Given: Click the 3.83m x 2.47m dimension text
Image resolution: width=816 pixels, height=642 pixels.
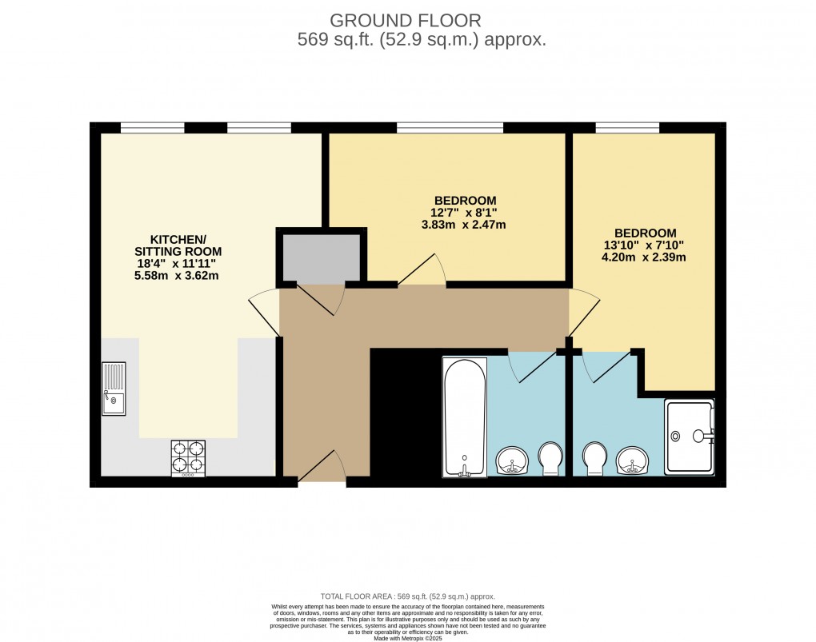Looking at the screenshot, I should point(465,225).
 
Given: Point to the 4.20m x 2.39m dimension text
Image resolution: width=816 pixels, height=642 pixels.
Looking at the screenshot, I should point(646,257).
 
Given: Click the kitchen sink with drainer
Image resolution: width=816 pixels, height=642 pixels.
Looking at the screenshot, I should point(114,389).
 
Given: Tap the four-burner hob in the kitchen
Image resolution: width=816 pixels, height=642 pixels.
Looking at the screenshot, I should point(188,458).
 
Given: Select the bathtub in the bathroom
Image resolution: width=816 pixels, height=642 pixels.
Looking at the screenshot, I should point(465,417).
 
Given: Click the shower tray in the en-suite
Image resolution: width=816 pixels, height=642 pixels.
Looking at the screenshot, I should point(690,436).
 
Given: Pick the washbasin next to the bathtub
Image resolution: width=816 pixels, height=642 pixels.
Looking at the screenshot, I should point(512,461).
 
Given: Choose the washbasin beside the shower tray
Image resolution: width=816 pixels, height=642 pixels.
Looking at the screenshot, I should point(632,461).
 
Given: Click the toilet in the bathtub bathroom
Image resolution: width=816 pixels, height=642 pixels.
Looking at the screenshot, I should point(550,458).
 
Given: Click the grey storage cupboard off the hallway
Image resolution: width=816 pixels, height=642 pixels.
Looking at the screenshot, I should point(321,257).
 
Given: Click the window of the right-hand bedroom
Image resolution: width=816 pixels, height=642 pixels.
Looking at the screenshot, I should point(626,127).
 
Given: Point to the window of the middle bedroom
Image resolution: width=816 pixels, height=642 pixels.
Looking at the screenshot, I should point(450,127).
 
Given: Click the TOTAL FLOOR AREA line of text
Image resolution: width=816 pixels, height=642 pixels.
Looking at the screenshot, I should point(407,596).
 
